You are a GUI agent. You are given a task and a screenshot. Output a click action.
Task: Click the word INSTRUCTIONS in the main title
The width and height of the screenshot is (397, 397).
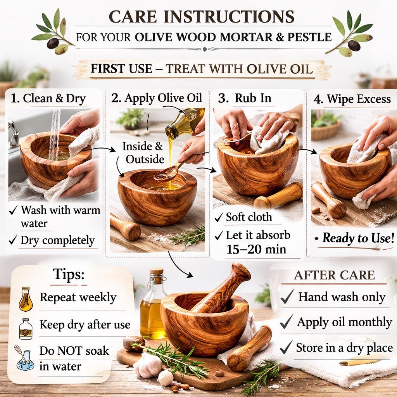229,17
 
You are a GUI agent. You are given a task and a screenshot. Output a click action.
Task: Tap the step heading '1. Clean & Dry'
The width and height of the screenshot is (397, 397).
48,98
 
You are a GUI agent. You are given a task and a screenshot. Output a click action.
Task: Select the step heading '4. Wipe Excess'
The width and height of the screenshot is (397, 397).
352,99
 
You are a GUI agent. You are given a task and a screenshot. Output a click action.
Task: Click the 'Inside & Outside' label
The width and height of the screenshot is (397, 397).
143,153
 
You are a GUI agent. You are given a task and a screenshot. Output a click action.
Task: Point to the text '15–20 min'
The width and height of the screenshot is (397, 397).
256,249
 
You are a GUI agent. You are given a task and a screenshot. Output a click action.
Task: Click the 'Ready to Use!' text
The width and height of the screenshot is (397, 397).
358,238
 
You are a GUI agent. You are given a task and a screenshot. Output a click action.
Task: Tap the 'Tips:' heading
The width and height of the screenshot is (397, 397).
69,274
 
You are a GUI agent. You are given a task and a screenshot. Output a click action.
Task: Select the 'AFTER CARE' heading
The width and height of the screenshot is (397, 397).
334,275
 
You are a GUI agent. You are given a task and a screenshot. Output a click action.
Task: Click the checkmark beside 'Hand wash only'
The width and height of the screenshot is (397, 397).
287,297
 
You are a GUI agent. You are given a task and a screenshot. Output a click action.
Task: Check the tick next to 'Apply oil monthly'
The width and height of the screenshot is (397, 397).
287,322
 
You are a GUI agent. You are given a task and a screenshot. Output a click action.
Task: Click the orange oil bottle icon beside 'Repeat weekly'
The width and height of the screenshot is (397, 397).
26,299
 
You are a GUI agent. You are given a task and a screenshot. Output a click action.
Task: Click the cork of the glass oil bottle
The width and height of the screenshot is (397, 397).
157,273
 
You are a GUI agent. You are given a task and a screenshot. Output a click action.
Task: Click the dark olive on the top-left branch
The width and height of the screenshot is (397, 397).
53,43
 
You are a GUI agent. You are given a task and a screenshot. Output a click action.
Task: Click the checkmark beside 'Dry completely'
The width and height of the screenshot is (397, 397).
13,240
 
